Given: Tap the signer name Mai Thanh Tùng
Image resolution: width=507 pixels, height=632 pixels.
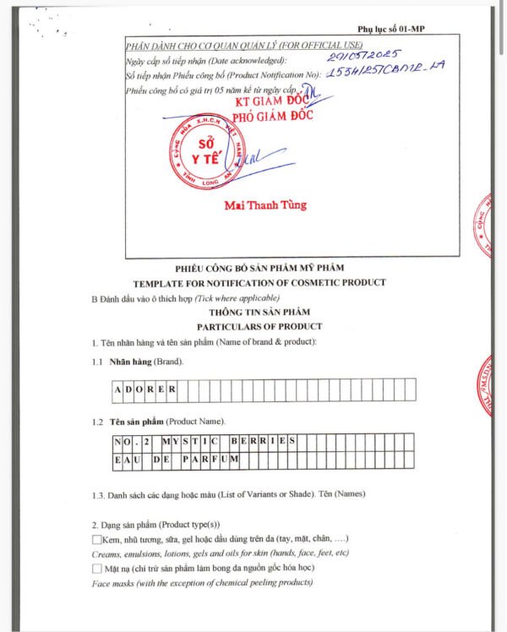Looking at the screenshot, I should point(265,205).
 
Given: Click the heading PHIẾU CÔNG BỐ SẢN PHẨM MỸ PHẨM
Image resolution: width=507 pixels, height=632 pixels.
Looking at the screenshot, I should point(259,269).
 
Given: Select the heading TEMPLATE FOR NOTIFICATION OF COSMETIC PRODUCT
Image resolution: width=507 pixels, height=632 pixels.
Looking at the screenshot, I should point(259,282).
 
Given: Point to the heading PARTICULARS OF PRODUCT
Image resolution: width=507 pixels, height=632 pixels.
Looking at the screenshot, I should point(259,326).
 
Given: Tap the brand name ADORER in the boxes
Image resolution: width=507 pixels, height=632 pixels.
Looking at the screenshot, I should point(144,390).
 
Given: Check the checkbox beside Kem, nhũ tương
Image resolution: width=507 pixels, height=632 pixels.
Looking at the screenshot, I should point(97,539).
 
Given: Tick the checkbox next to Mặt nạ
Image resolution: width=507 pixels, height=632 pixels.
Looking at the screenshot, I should point(97,569).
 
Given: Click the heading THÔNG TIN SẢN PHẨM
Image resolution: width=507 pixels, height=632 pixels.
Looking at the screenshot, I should point(259,312).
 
